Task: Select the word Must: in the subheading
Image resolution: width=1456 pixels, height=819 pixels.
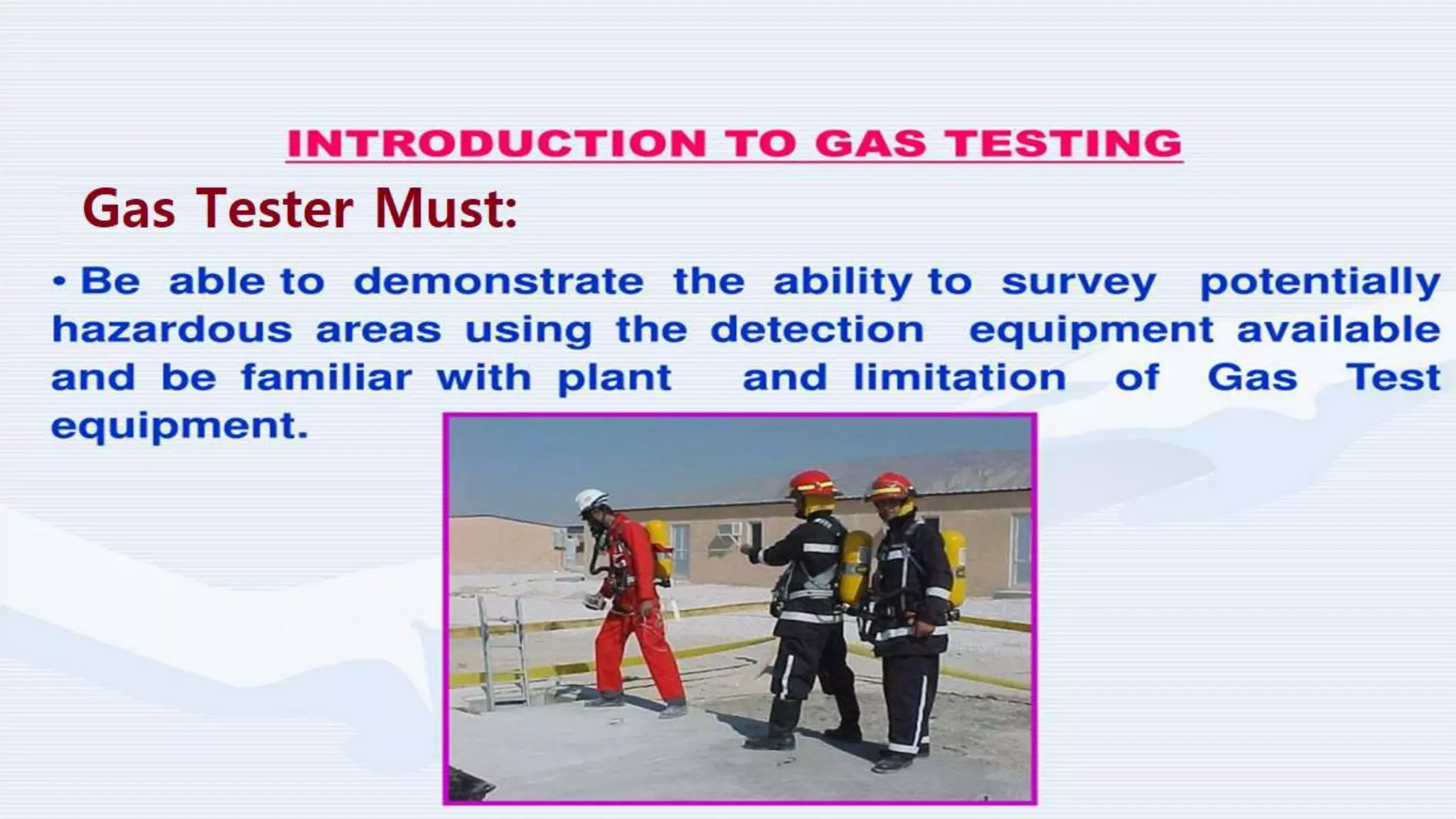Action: pos(446,209)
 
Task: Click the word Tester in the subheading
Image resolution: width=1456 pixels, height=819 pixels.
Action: pos(274,209)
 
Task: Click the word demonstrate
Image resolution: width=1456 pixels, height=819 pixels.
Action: pos(498,282)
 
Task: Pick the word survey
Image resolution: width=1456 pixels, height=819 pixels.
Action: pos(1078,283)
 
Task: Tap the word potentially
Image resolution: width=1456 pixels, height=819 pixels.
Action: pos(1320,283)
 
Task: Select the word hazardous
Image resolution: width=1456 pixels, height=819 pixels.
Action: pos(172,330)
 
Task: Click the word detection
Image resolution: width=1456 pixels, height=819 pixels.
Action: pos(817,330)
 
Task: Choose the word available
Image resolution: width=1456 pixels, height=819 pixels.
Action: pos(1338,330)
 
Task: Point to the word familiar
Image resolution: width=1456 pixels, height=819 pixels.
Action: pos(326,377)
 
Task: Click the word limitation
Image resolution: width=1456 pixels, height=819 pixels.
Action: pos(959,377)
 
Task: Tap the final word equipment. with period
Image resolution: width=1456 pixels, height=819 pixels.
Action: pos(179,427)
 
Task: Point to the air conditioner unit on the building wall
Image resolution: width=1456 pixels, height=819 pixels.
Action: pos(729,530)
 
